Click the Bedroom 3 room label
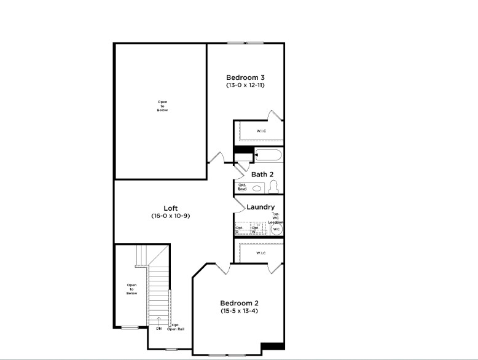(245, 77)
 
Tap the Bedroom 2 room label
(240, 303)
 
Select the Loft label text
(171, 208)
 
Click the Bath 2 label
(262, 174)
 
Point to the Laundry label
(261, 207)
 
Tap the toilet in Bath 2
(274, 187)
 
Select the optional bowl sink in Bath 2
(257, 189)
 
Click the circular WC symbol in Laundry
(276, 229)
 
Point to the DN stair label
(159, 329)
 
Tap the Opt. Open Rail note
(176, 327)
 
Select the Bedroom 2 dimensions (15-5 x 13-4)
(240, 311)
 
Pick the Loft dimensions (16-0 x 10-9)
(171, 216)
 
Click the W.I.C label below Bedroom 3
(261, 130)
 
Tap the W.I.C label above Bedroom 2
(261, 252)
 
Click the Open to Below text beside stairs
(131, 289)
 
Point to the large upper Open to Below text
(162, 106)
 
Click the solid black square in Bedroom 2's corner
(273, 346)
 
